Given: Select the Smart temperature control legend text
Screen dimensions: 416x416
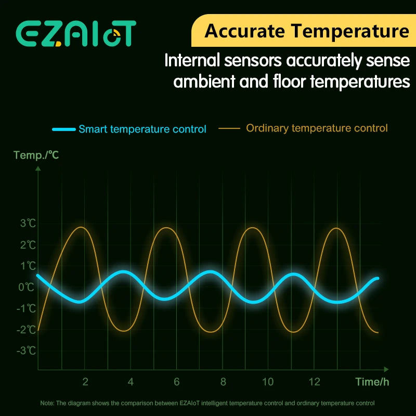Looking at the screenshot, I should click(x=142, y=129).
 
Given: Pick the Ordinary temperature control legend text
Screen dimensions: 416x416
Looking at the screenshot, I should click(x=317, y=128).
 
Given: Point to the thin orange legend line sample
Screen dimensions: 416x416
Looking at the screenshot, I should click(x=229, y=128).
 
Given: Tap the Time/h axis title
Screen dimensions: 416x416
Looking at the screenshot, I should click(x=372, y=382).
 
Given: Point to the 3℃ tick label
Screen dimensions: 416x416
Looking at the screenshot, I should click(x=28, y=224).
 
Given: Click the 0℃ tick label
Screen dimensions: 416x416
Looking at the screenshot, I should click(x=28, y=287).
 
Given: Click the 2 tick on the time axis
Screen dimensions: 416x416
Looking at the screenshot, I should click(x=85, y=382).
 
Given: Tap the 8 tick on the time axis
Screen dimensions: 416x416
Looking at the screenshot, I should click(x=223, y=382).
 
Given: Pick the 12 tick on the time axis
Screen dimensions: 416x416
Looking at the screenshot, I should click(x=314, y=382).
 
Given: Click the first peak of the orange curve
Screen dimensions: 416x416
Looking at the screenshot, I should click(x=81, y=227).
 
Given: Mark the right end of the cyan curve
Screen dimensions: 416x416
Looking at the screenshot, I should click(x=377, y=279).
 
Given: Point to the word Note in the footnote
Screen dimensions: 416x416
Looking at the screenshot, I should click(x=47, y=403).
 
